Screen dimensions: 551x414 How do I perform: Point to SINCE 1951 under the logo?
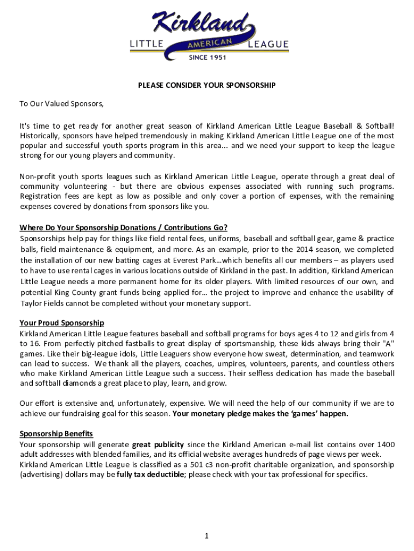click(207, 58)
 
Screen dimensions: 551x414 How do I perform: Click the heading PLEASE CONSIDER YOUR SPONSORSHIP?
click(206, 86)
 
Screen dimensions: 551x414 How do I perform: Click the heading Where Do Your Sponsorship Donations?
click(124, 227)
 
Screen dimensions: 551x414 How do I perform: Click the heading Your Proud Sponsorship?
click(62, 323)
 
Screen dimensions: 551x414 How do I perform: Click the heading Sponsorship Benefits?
click(56, 434)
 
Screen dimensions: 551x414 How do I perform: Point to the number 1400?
click(385, 444)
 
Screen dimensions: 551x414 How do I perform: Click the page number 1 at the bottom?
click(207, 536)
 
